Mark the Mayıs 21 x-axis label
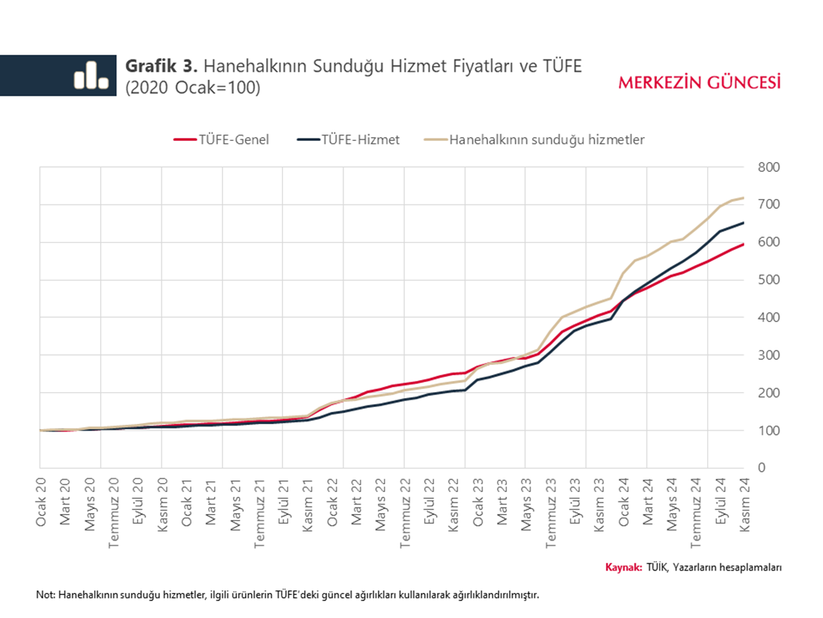click(x=235, y=503)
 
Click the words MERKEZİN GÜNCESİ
click(x=699, y=82)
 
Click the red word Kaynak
click(x=623, y=567)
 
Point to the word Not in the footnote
click(x=45, y=595)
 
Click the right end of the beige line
click(x=744, y=198)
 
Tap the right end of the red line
click(x=744, y=244)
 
